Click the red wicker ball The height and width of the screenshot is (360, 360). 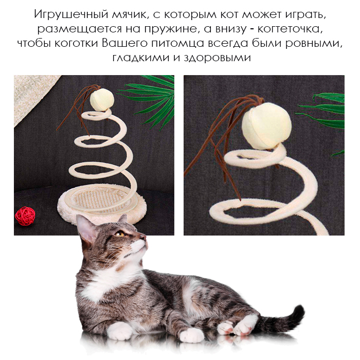tap(25, 216)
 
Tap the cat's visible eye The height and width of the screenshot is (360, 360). tap(120, 234)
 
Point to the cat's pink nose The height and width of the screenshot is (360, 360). tap(143, 237)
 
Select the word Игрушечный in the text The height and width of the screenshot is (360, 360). tap(71, 15)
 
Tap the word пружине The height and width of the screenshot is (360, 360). tap(170, 29)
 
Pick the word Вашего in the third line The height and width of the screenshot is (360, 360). tap(124, 43)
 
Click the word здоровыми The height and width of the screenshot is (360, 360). tap(217, 58)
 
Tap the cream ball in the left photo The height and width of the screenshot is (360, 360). tap(102, 99)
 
